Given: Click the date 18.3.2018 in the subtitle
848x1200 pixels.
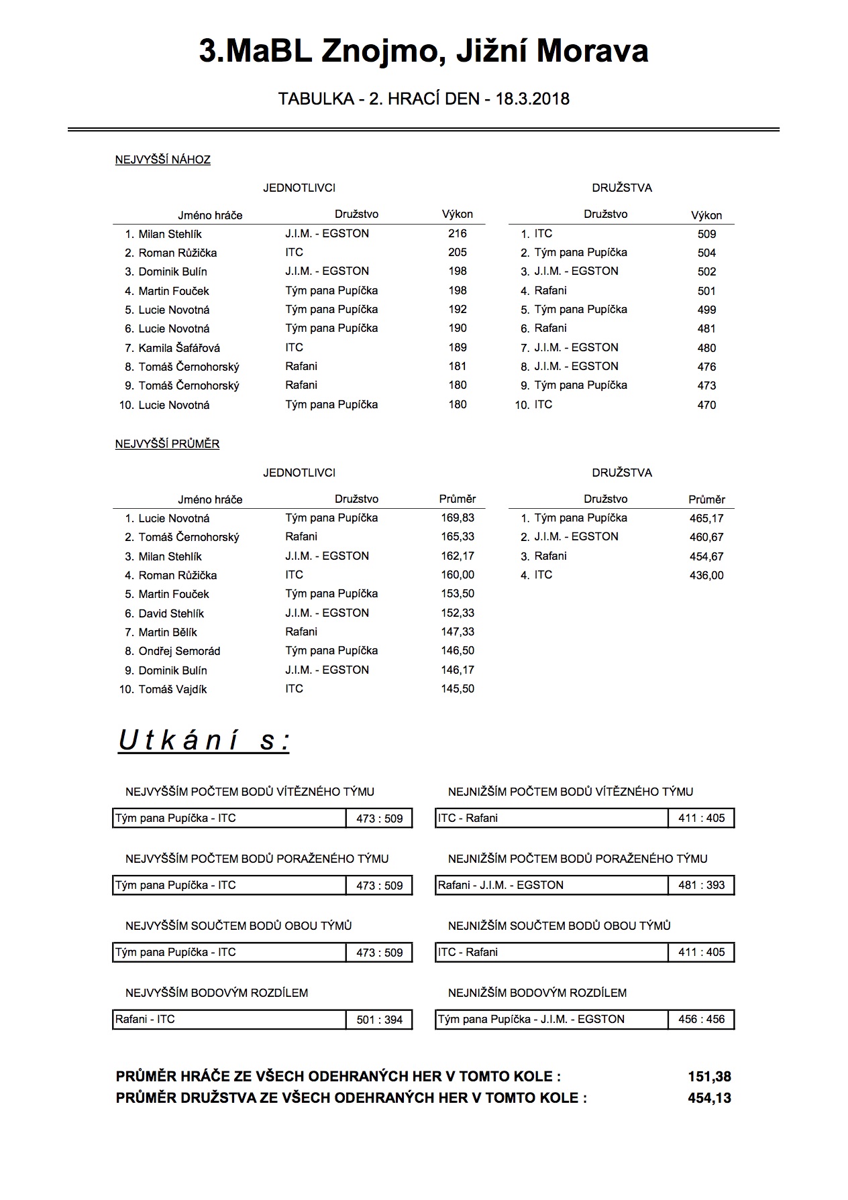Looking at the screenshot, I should click(533, 99).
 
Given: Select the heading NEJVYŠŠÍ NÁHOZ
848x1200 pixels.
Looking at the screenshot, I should click(163, 160).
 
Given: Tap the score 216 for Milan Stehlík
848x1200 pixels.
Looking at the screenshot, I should click(458, 234).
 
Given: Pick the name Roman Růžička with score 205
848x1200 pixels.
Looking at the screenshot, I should click(178, 253).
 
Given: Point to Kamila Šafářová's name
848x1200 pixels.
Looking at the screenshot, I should click(179, 348).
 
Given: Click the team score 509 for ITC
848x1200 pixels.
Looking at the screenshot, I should click(706, 235).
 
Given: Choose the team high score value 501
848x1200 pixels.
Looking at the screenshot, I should click(706, 291).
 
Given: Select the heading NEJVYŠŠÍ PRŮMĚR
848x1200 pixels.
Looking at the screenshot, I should click(168, 444).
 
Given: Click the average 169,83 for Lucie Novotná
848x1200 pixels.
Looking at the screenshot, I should click(458, 518).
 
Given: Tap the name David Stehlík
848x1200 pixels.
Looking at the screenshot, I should click(171, 613).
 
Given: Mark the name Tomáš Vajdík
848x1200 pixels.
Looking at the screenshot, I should click(172, 689).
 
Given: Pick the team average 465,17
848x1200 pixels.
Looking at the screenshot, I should click(706, 518).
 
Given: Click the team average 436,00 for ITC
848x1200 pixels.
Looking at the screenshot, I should click(706, 575).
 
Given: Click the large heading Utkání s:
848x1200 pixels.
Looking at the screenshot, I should click(204, 741).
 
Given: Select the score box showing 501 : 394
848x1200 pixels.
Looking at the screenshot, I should click(379, 1020).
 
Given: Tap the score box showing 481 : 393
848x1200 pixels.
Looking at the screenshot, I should click(701, 885).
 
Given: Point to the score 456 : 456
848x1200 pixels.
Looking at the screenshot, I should click(701, 1019).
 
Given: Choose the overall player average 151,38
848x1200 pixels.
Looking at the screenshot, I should click(709, 1077).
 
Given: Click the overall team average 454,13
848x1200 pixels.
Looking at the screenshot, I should click(709, 1098).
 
